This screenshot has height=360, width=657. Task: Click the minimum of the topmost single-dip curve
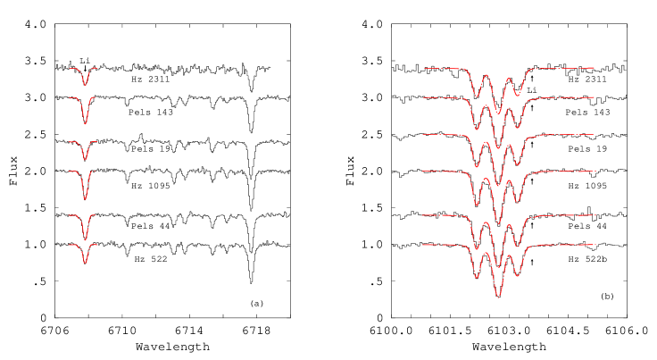(85, 85)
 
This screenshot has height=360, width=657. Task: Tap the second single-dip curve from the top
(85, 123)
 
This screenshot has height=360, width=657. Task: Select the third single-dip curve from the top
(85, 159)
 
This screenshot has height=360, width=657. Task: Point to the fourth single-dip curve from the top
(85, 198)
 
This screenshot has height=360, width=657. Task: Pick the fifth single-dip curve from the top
(85, 239)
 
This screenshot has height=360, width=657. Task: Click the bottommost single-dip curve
(85, 264)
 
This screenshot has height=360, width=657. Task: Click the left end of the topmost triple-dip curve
(424, 68)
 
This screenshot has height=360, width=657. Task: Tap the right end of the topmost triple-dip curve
(595, 68)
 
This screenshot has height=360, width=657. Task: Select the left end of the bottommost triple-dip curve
(423, 245)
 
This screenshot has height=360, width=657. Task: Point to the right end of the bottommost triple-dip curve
(595, 245)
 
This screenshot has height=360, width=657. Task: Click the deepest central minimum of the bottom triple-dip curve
(498, 296)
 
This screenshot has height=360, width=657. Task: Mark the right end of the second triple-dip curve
(595, 97)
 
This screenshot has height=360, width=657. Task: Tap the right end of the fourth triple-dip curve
(595, 171)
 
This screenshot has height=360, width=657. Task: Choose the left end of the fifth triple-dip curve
(423, 215)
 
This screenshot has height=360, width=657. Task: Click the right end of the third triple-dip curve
(595, 134)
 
